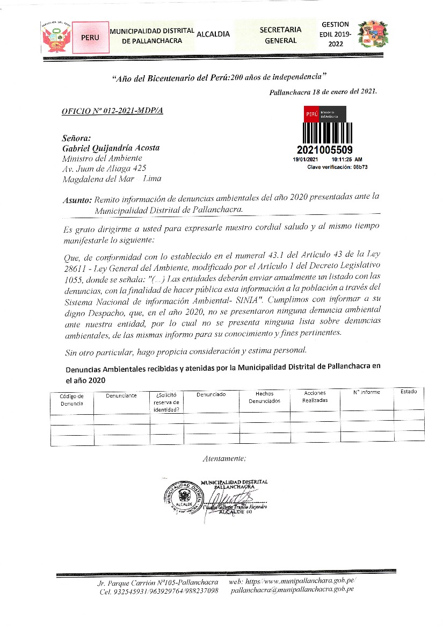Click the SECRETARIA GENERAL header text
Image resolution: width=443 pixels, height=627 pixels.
point(280,35)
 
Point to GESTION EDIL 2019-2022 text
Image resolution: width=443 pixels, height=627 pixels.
point(335,34)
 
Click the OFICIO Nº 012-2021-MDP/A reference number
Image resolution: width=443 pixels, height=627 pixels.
point(112,110)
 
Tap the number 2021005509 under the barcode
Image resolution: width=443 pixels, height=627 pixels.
point(324,150)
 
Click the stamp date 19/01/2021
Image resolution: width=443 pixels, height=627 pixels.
point(306,160)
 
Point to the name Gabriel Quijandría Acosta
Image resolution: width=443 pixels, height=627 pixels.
point(111,148)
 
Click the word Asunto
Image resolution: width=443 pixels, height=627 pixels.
point(77,200)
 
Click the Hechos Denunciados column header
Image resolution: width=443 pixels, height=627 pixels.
point(264,397)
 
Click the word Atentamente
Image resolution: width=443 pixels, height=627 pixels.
point(224,458)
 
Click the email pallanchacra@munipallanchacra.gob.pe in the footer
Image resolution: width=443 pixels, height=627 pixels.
point(292,589)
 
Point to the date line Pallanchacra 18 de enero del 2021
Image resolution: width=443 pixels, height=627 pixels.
point(323,91)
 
